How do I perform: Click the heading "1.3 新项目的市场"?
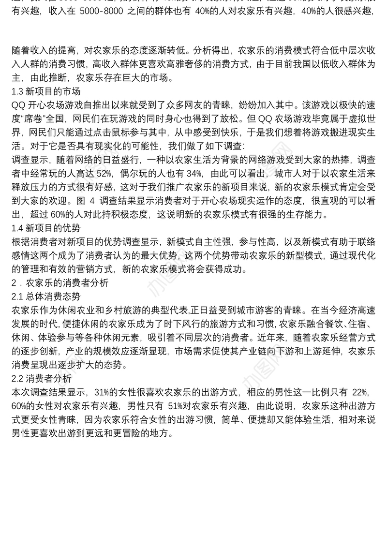[x=45, y=91]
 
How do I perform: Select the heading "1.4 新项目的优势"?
[x=45, y=227]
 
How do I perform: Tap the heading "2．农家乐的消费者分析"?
[x=60, y=283]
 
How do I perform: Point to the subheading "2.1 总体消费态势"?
[x=45, y=296]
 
